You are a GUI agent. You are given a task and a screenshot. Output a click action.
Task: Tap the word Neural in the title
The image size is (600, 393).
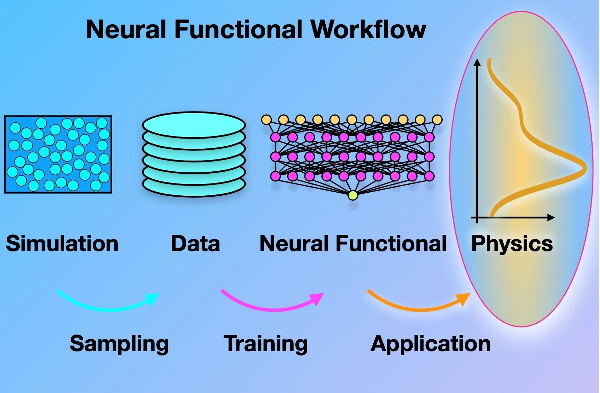(126, 29)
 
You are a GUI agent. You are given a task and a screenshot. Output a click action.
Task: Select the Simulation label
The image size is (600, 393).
(62, 243)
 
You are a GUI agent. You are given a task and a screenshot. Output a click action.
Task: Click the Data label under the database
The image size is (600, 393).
(195, 243)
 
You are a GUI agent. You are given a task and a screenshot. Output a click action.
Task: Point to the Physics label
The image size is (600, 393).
(512, 243)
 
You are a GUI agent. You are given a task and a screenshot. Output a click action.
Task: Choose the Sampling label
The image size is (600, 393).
(119, 344)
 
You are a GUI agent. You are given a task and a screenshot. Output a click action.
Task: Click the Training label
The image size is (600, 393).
(266, 344)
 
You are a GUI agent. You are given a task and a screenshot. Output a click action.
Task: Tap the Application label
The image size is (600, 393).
(430, 344)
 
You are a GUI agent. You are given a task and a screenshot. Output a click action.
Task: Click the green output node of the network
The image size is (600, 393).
(352, 195)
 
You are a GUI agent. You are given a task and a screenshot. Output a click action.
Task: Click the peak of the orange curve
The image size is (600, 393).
(584, 168)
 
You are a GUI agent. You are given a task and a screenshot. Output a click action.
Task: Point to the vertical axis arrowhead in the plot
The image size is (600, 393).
(477, 63)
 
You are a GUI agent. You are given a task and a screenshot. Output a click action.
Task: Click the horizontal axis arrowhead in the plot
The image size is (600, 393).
(551, 218)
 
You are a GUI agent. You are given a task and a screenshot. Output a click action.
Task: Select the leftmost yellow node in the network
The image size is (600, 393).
(267, 120)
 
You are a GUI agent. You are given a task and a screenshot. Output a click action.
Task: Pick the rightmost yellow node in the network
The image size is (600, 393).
(437, 120)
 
